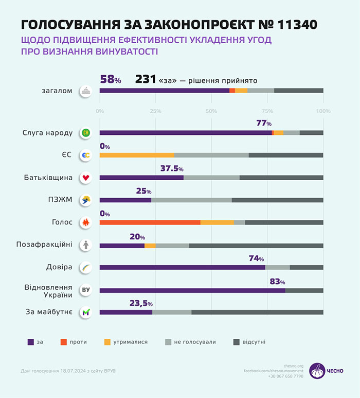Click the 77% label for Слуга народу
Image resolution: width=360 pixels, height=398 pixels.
tap(263, 124)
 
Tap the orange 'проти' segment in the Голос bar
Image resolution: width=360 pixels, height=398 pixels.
tap(150, 222)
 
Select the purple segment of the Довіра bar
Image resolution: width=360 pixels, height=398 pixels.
tap(182, 267)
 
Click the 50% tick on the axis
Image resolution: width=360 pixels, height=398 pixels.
tap(211, 111)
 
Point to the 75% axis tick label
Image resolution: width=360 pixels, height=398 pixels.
tap(267, 111)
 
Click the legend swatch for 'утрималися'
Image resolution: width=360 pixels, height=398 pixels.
tap(107, 341)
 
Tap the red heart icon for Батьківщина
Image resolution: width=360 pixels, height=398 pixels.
tap(86, 178)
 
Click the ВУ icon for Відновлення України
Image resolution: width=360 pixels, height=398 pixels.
tap(86, 290)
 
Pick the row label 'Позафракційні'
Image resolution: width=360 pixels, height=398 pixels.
tap(50, 245)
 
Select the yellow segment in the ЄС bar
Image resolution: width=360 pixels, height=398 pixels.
tap(137, 155)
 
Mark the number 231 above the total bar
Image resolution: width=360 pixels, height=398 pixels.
tap(146, 79)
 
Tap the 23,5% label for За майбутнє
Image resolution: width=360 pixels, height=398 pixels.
tap(140, 304)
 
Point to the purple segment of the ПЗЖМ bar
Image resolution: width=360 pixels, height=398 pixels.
tap(125, 200)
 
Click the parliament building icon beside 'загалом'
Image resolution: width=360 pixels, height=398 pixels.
tap(86, 91)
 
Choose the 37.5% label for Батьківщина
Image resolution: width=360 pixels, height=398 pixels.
tap(172, 169)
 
